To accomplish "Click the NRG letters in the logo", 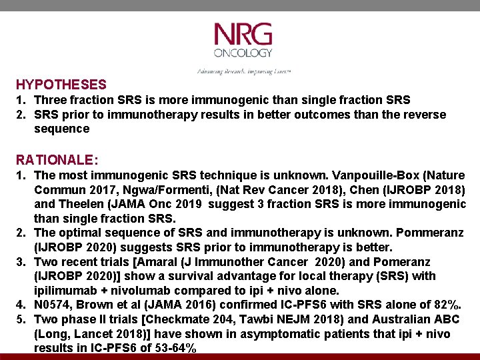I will point(243,35).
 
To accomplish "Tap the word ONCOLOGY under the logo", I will point(243,53).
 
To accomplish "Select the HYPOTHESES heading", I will point(61,85).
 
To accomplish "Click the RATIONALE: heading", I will point(57,161).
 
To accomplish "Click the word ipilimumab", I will point(63,291).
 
